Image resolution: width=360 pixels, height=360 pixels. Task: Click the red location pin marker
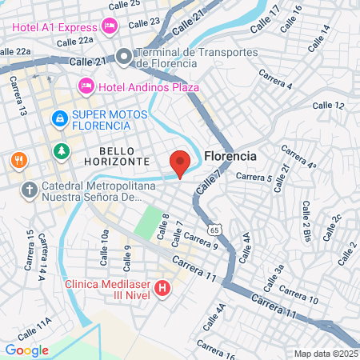coord(180,162)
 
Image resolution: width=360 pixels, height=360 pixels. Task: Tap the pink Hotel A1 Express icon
coord(110,26)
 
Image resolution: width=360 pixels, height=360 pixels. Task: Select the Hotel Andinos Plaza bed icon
coord(86,86)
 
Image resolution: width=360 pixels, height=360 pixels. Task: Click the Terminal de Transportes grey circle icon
coord(123,57)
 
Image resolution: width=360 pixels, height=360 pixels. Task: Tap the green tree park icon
coord(61,151)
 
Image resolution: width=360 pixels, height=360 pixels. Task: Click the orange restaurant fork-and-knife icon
coord(18,159)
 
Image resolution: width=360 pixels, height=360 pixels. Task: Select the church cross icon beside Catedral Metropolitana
coord(29,190)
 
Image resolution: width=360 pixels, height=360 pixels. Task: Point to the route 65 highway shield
coord(214,230)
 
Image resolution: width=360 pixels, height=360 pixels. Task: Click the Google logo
coord(27,350)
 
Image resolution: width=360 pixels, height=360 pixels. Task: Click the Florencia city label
coord(230,156)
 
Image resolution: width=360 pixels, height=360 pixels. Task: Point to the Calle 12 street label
coord(328,105)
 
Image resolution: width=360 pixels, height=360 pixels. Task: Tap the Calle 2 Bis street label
coord(305,222)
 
